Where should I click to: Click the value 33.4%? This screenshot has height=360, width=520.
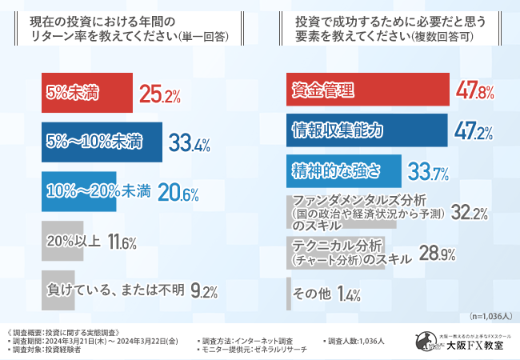click(190, 144)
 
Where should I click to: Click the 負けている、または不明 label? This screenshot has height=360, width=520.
click(117, 289)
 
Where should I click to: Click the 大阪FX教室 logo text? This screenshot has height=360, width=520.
click(478, 345)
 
